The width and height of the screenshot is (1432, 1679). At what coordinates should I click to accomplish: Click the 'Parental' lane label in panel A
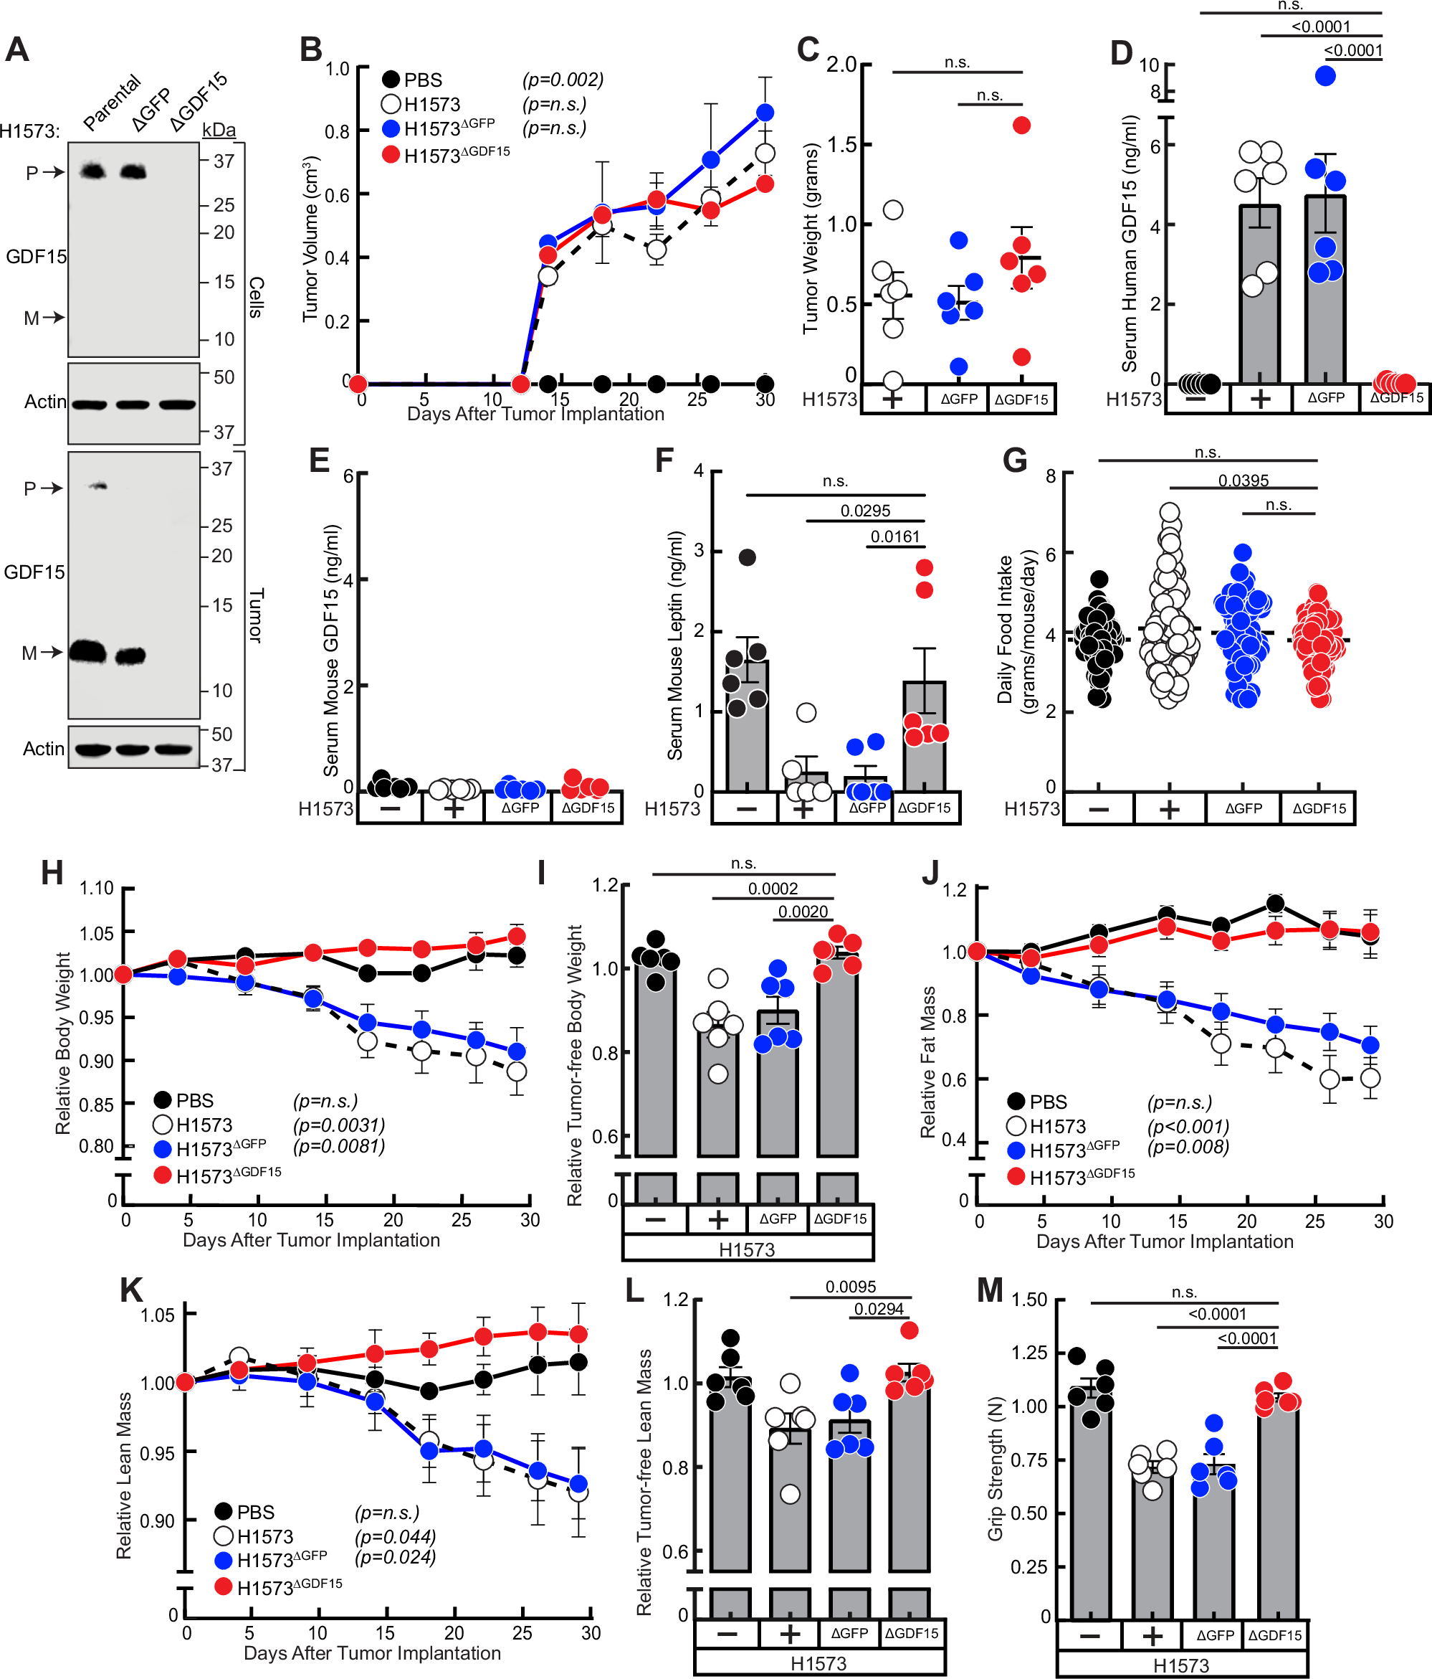(112, 102)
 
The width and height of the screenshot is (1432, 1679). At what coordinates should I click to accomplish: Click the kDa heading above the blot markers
(219, 130)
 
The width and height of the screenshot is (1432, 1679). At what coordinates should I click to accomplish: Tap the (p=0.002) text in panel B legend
(562, 80)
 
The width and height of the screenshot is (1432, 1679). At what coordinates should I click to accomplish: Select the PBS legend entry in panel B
(413, 80)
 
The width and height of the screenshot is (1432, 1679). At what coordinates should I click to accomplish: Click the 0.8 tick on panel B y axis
(336, 131)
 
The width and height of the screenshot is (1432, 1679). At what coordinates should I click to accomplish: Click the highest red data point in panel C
(1021, 125)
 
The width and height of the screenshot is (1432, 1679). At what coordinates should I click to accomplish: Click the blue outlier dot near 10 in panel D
(1325, 76)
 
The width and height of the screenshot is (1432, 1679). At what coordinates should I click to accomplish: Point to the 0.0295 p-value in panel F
(865, 511)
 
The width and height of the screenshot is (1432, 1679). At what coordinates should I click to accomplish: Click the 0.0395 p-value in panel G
(1244, 481)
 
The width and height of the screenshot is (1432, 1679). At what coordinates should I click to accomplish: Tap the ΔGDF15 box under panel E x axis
(588, 808)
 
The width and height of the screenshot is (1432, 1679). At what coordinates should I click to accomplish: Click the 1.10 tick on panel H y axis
(96, 888)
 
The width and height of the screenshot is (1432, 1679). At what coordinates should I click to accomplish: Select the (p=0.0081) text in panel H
(338, 1146)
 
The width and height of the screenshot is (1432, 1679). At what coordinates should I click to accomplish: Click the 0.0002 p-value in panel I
(773, 889)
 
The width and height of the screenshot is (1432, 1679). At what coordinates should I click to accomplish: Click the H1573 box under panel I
(747, 1249)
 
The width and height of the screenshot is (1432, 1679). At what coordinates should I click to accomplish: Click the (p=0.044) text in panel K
(395, 1536)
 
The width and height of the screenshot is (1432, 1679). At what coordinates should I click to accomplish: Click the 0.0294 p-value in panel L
(879, 1309)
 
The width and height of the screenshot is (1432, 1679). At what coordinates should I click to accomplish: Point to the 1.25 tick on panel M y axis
(1028, 1353)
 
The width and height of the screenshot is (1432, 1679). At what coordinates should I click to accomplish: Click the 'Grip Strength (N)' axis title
(996, 1467)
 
